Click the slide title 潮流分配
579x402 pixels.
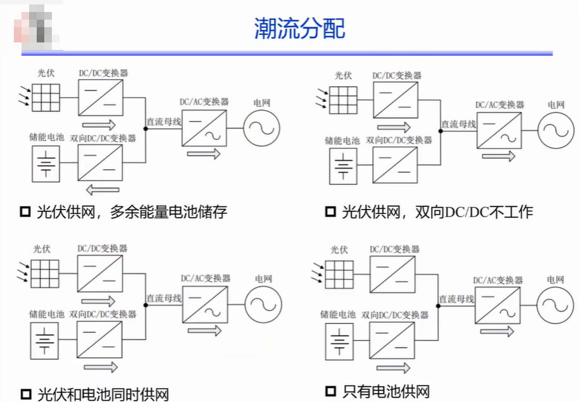click(x=299, y=28)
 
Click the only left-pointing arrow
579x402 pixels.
click(x=103, y=190)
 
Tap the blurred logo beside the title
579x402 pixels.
click(x=36, y=27)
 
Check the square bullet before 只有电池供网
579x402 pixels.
click(x=330, y=391)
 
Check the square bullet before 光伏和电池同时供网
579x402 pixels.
click(x=25, y=394)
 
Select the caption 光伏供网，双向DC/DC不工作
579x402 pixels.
click(x=438, y=212)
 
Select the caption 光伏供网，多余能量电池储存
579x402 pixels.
click(x=132, y=211)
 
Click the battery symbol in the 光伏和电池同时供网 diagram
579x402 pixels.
click(x=44, y=341)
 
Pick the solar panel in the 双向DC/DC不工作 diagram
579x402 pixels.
click(x=343, y=100)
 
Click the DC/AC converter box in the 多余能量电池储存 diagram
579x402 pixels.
click(x=204, y=129)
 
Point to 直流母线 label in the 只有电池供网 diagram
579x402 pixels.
click(x=456, y=299)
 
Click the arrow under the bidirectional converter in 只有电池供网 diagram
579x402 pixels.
click(x=393, y=368)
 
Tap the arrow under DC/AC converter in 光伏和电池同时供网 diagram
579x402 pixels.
click(x=204, y=330)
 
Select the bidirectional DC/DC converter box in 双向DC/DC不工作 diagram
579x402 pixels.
click(x=395, y=165)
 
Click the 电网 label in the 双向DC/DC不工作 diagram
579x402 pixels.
click(x=556, y=105)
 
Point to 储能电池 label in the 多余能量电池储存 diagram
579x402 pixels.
click(x=47, y=137)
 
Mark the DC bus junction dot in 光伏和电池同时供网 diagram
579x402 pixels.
click(x=146, y=305)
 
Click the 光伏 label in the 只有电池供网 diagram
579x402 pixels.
click(x=339, y=250)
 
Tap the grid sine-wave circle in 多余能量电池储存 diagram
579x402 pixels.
click(x=261, y=129)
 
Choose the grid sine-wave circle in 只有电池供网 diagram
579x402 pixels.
click(x=555, y=306)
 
